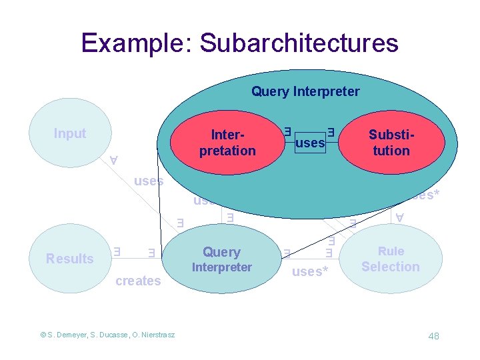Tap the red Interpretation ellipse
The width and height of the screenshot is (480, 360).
click(x=227, y=142)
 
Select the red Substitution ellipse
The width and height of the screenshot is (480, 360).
click(x=391, y=142)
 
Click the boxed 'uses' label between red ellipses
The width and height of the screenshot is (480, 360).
click(x=309, y=143)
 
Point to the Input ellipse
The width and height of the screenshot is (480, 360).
click(x=70, y=133)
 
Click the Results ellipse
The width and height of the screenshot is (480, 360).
click(x=69, y=259)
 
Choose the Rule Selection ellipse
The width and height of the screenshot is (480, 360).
click(x=391, y=259)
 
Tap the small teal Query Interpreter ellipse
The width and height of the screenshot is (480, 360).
click(x=222, y=259)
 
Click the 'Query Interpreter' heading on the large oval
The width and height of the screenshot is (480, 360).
click(x=305, y=92)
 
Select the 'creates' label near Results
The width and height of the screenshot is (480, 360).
click(x=138, y=281)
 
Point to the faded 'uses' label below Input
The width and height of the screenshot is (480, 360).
click(x=148, y=181)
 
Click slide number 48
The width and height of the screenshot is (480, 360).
click(x=433, y=336)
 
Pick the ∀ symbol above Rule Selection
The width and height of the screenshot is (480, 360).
click(x=399, y=217)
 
